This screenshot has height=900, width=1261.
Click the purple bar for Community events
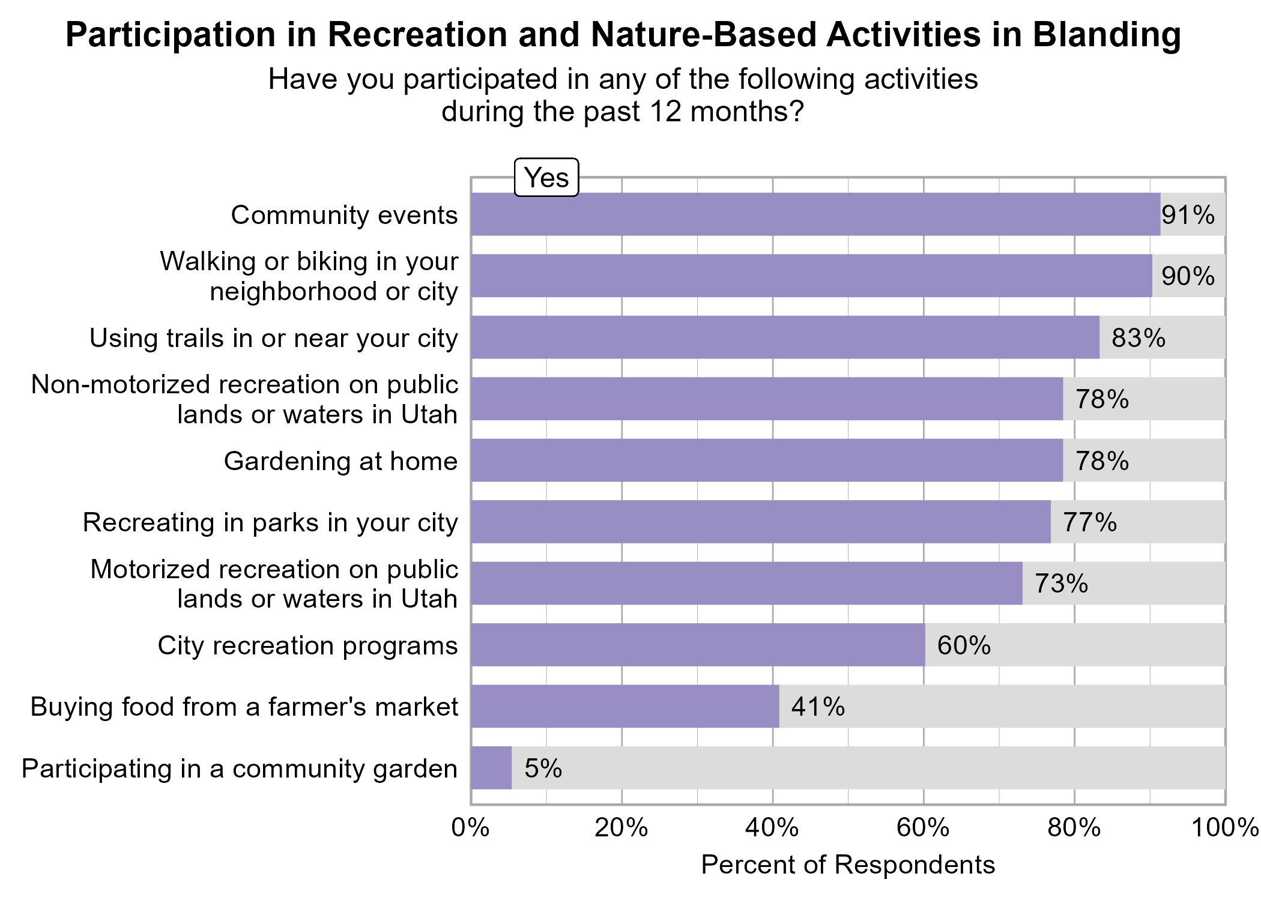[815, 214]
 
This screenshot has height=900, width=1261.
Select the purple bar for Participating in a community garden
[491, 768]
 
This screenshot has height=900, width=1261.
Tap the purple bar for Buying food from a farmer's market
[624, 707]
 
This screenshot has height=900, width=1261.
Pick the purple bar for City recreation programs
[698, 645]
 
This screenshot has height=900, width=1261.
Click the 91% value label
[1188, 215]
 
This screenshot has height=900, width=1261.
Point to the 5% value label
[543, 769]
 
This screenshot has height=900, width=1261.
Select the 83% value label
[1138, 338]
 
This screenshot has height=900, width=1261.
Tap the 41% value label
[818, 707]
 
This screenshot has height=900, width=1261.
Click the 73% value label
[1061, 584]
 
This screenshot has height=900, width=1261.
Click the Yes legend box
[546, 178]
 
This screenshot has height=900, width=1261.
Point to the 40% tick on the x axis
[772, 828]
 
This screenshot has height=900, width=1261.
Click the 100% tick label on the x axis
[1225, 828]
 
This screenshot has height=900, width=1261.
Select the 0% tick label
[471, 828]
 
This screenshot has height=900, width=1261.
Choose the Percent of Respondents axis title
[848, 865]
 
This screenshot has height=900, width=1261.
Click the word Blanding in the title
[1107, 35]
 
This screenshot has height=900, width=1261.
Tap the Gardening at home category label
[340, 461]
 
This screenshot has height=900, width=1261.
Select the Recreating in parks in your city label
[270, 522]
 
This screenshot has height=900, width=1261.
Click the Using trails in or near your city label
[273, 338]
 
